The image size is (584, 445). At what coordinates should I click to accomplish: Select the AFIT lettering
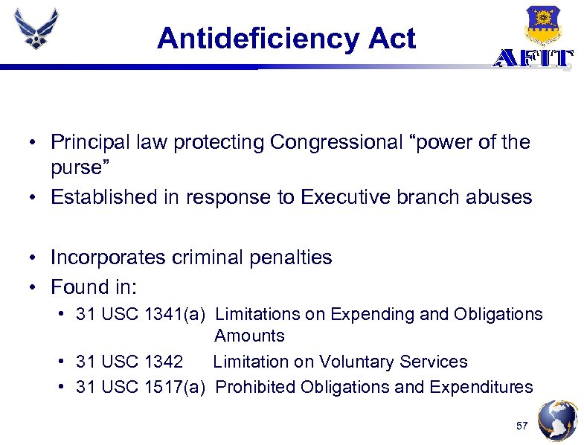click(533, 59)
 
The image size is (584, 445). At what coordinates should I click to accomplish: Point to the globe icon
click(557, 421)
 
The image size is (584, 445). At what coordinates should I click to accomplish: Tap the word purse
click(74, 167)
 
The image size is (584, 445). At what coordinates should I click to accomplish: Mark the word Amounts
click(249, 336)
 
